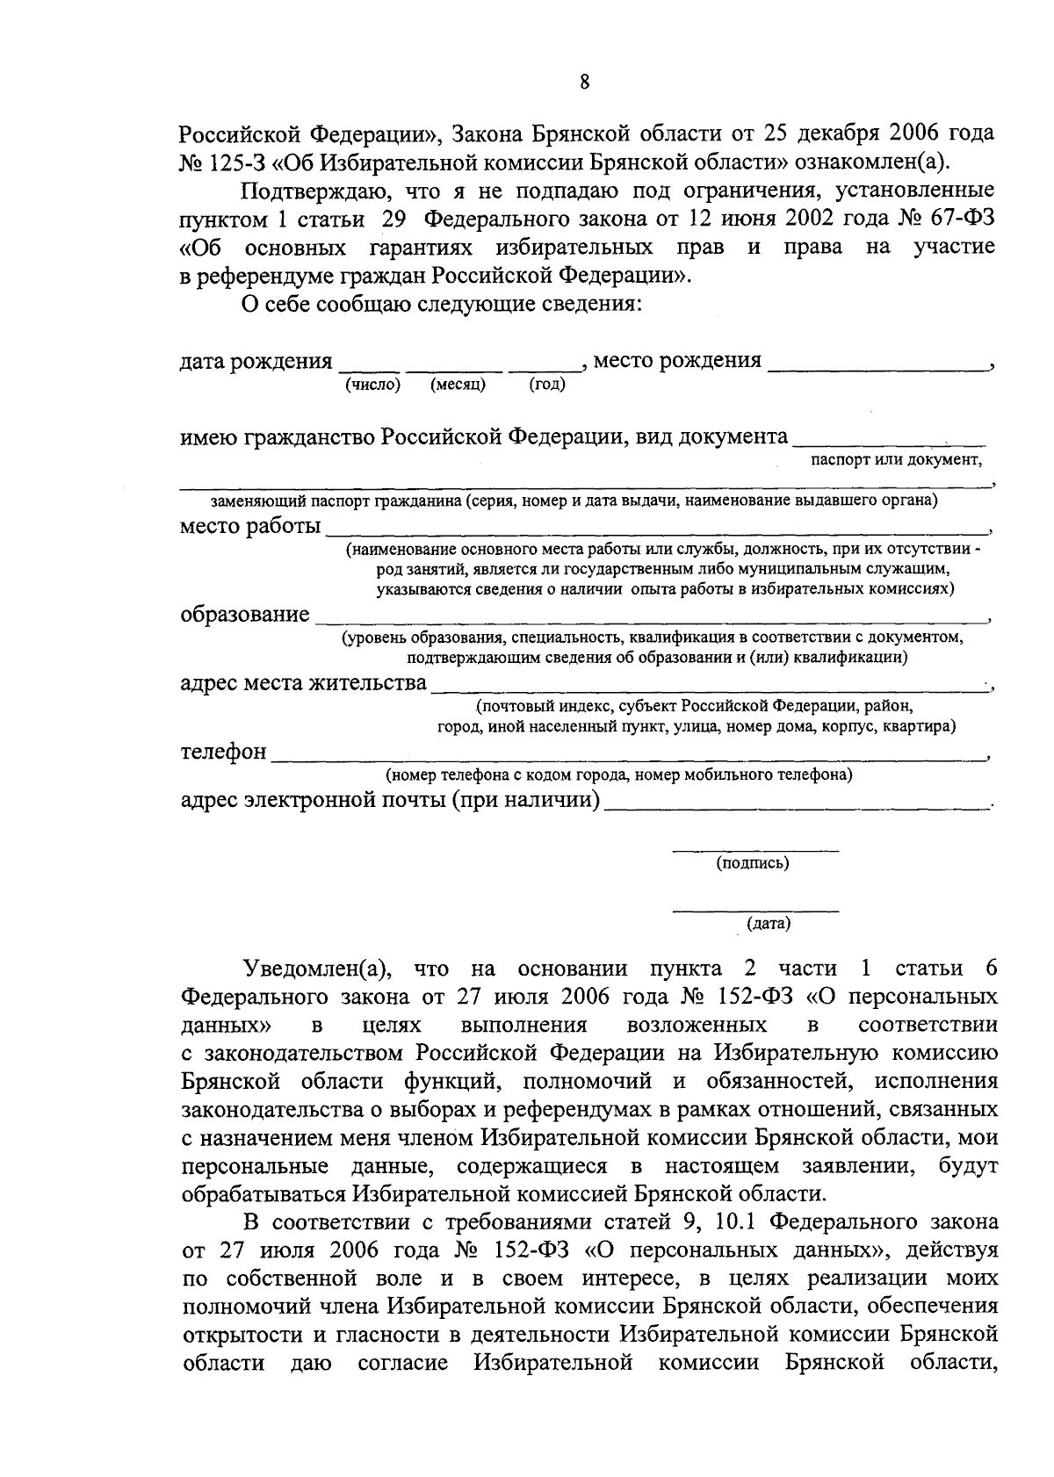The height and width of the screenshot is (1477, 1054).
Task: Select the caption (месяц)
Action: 458,384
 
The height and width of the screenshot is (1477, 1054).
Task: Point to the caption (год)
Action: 547,384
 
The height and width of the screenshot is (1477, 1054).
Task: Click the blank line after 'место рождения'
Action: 877,369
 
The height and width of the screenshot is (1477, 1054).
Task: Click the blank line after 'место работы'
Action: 654,532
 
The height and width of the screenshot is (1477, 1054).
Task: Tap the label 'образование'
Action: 244,614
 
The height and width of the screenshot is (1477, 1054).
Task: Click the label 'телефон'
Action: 223,752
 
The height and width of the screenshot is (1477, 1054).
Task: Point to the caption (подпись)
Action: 753,863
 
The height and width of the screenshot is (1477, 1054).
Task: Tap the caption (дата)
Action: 769,924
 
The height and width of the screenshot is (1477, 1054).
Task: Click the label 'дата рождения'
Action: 256,361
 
